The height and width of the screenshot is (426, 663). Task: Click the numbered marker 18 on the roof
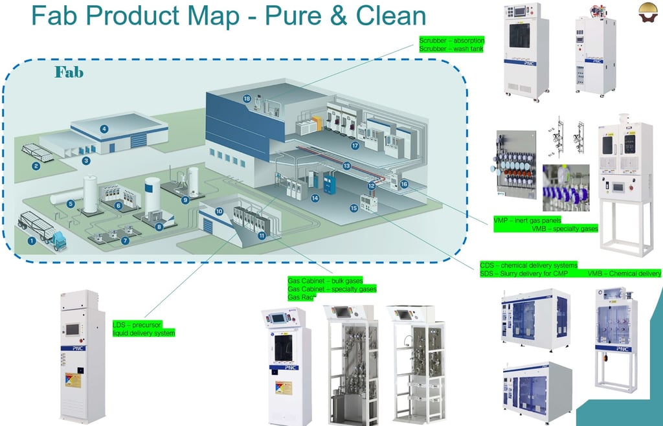(x=247, y=99)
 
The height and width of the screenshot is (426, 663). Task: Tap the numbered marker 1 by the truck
(x=30, y=241)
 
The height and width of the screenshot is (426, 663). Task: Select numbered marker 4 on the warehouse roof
(x=104, y=129)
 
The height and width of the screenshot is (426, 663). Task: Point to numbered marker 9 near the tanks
(x=185, y=200)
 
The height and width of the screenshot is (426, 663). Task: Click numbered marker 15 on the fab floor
(x=354, y=208)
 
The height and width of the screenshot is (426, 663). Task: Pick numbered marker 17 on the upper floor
(x=355, y=146)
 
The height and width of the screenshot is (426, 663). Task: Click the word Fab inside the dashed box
(x=69, y=72)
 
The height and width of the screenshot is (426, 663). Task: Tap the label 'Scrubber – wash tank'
(x=451, y=49)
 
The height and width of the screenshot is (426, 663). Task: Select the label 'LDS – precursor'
(x=137, y=324)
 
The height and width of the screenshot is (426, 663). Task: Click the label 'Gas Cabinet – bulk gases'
(x=325, y=281)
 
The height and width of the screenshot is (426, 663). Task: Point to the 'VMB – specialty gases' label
(x=565, y=229)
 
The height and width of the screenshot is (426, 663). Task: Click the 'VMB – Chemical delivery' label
(x=624, y=274)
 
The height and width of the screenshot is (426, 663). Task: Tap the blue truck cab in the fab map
(x=58, y=241)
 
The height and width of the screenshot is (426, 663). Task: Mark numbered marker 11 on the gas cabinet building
(x=262, y=236)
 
